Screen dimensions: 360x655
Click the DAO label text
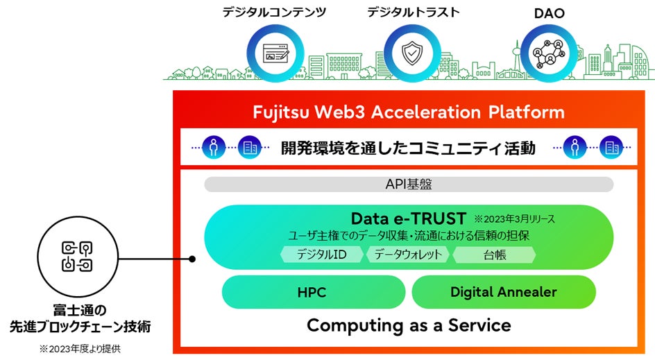(548, 12)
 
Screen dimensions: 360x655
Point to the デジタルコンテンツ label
(274, 12)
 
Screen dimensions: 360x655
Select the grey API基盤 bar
(409, 185)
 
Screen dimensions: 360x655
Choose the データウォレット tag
(408, 255)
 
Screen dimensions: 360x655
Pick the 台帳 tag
(494, 255)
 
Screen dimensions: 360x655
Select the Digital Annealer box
(503, 292)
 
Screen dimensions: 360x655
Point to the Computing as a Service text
(409, 325)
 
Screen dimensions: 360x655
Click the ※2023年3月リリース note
(514, 219)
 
